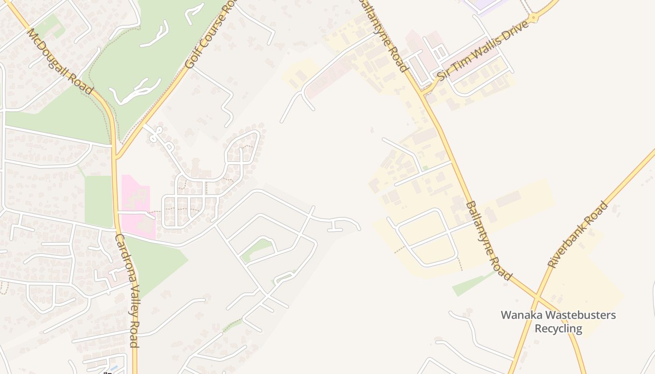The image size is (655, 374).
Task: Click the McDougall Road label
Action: pos(60,61)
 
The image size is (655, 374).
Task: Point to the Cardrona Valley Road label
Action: pos(127,290)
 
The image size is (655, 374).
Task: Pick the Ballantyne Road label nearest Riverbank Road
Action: pos(488,240)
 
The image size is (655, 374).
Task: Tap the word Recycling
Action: pos(558,329)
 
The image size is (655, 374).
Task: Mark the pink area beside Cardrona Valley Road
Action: pos(136,206)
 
